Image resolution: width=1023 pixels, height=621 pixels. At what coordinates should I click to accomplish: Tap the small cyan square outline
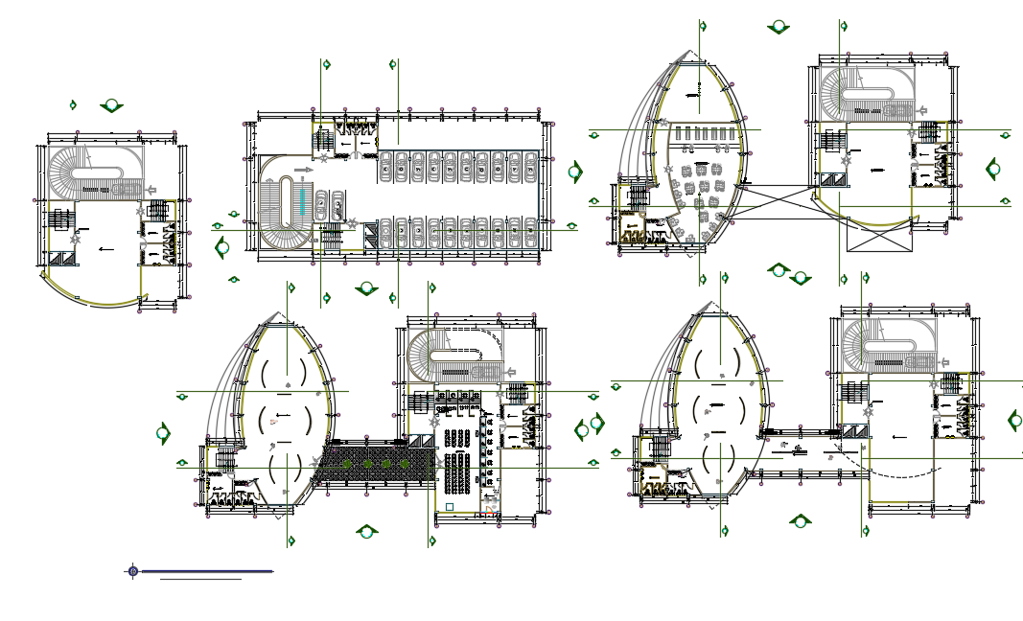point(450,505)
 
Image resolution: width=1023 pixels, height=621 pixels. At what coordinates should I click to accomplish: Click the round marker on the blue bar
point(133,571)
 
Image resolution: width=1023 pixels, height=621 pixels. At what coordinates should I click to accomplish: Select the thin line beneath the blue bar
point(200,580)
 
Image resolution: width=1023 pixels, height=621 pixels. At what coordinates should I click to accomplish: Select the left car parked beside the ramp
point(322,204)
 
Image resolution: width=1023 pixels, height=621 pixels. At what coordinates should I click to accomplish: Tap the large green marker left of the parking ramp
point(222,248)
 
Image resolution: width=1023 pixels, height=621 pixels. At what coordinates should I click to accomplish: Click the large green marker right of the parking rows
point(575,172)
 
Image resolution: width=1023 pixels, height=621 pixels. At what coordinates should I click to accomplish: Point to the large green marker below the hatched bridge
point(365,530)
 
